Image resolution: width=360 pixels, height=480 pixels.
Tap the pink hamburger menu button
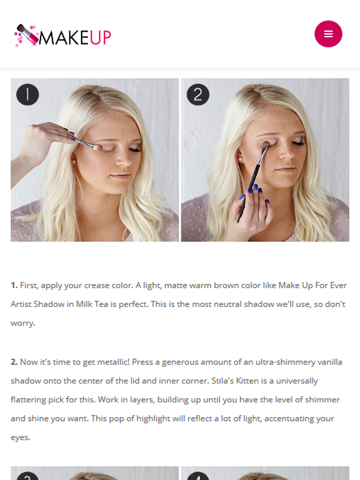pos(328,34)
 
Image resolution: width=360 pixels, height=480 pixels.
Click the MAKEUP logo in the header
pos(62,36)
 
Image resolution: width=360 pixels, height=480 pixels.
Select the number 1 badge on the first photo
pos(28,94)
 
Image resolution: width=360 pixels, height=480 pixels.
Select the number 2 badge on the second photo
pos(198,94)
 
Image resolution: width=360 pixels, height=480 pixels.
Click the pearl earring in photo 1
pos(74,162)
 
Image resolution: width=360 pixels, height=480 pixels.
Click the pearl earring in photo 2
pos(240,160)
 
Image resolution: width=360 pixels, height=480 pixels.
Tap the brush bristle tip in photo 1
pos(97,147)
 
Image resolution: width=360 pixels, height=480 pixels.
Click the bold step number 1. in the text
pos(14,285)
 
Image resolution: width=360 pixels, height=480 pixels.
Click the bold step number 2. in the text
pos(14,362)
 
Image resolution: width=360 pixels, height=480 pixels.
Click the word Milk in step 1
pos(84,304)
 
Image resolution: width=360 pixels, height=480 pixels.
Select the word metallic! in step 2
pos(114,362)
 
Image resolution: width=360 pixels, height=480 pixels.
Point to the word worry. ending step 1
pos(23,323)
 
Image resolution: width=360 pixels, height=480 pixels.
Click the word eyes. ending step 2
pos(20,438)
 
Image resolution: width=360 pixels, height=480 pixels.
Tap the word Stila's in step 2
pos(223,381)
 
